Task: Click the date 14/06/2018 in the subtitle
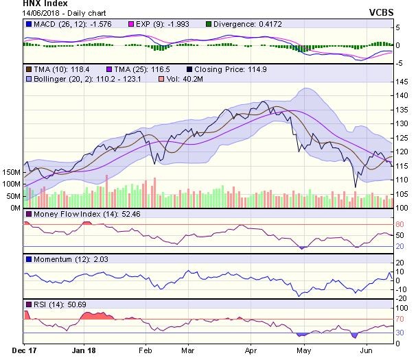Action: pos(23,14)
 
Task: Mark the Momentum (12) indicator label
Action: pos(54,259)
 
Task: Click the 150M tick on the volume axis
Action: pos(12,171)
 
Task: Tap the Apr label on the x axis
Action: pos(252,349)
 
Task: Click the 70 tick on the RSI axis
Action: pos(398,319)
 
